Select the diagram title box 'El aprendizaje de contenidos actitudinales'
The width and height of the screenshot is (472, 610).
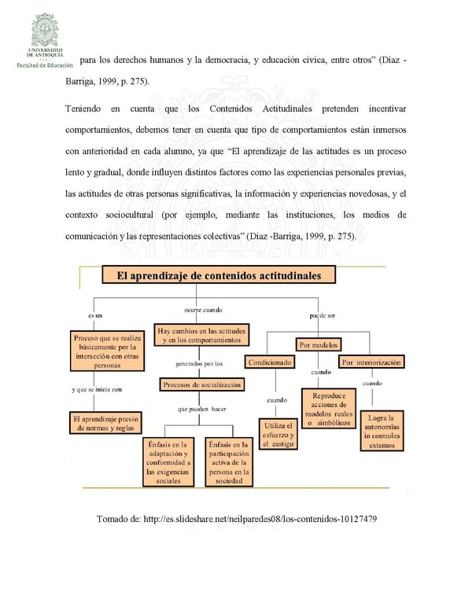tap(218, 275)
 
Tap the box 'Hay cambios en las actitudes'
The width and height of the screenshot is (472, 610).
tap(201, 335)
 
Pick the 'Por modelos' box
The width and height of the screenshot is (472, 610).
tap(319, 344)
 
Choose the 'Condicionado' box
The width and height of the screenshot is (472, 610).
tap(271, 362)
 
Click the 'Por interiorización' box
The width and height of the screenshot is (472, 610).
tap(372, 362)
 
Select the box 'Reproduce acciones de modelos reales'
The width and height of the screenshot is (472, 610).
tap(330, 410)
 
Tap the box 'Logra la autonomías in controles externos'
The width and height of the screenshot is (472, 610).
tap(382, 431)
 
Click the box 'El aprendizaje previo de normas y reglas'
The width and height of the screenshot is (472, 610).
tap(105, 423)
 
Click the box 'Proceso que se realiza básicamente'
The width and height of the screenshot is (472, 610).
tap(107, 351)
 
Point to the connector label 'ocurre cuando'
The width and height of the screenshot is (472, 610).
tap(203, 311)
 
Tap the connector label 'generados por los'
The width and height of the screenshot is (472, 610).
tap(199, 365)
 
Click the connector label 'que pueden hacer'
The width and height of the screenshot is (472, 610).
tap(202, 410)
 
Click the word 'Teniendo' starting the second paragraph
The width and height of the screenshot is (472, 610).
tap(83, 107)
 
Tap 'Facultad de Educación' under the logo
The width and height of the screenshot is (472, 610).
tap(44, 65)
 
